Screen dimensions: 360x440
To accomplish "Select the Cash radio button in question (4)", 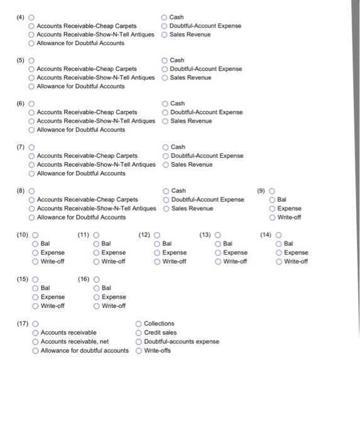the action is tap(165, 18).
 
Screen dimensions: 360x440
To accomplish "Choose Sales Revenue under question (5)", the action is tap(165, 78).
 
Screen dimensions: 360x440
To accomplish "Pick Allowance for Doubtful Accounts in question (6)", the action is tap(31, 130).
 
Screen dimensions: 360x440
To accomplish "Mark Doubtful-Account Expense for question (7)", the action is tap(165, 156).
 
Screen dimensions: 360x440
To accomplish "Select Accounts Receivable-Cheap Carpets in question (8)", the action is tap(31, 200).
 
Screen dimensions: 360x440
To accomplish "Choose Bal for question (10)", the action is tap(35, 243).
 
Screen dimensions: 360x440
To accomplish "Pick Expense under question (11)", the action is tap(96, 253).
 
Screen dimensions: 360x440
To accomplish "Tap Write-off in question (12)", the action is tap(158, 261).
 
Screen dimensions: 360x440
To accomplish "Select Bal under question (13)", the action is tap(218, 243).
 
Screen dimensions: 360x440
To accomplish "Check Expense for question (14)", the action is tap(280, 253).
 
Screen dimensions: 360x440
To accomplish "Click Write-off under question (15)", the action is tap(35, 306).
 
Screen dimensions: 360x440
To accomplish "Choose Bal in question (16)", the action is tap(96, 288).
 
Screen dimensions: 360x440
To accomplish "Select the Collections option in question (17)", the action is tap(139, 324).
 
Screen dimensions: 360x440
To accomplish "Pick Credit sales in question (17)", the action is tap(139, 333).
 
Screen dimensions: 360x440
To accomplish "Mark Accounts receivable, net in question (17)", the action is tap(35, 341).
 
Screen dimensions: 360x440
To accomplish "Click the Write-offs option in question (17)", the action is tap(139, 350).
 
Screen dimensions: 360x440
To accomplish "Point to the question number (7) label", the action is tap(20, 146).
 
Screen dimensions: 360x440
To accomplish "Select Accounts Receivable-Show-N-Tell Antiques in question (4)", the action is tap(31, 35).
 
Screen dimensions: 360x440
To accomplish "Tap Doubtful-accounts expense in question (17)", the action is tap(139, 341).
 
